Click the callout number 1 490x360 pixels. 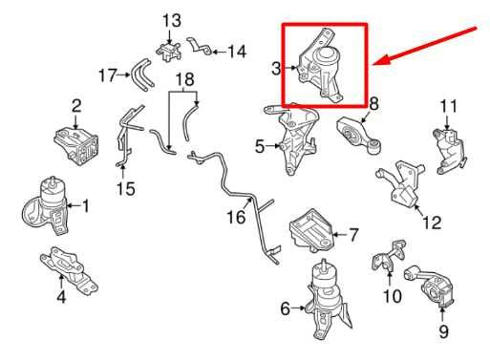pyautogui.click(x=85, y=204)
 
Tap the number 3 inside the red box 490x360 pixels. pyautogui.click(x=275, y=69)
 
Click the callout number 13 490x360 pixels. pyautogui.click(x=170, y=20)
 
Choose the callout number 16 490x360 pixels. pyautogui.click(x=235, y=219)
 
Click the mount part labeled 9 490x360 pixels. pyautogui.click(x=439, y=290)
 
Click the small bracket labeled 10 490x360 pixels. pyautogui.click(x=391, y=258)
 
